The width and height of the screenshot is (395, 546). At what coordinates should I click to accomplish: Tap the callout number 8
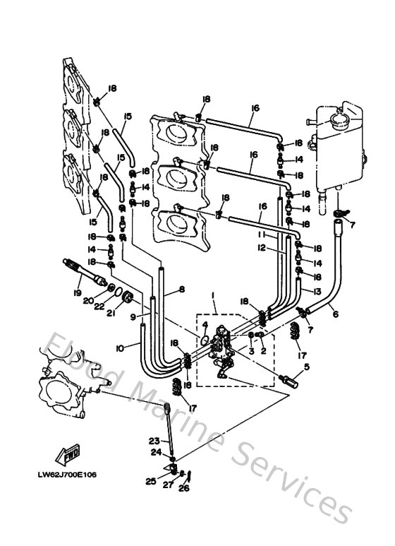(x=181, y=290)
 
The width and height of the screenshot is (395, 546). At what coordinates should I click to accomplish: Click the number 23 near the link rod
(x=154, y=440)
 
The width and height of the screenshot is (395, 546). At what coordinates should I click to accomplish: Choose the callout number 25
(x=150, y=481)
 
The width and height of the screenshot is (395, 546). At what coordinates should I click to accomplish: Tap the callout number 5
(x=306, y=367)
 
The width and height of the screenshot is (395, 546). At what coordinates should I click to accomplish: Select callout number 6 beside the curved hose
(x=335, y=314)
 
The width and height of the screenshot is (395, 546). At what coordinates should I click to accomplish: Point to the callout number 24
(x=156, y=453)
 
